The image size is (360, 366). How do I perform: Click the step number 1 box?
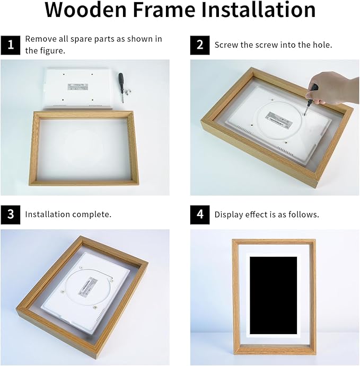pos(11,45)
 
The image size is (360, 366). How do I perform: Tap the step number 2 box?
pos(200,45)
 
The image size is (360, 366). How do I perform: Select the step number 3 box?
pos(11,215)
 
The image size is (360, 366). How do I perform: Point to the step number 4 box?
pos(200,215)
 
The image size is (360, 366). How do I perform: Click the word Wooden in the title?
pos(86,10)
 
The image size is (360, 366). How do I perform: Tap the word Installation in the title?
pos(258,10)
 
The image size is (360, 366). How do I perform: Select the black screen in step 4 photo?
pos(274,295)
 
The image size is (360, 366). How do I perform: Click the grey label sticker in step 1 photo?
pos(78,86)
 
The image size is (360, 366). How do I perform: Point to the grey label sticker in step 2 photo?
pos(278,119)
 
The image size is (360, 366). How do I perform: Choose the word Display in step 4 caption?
pos(229,215)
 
